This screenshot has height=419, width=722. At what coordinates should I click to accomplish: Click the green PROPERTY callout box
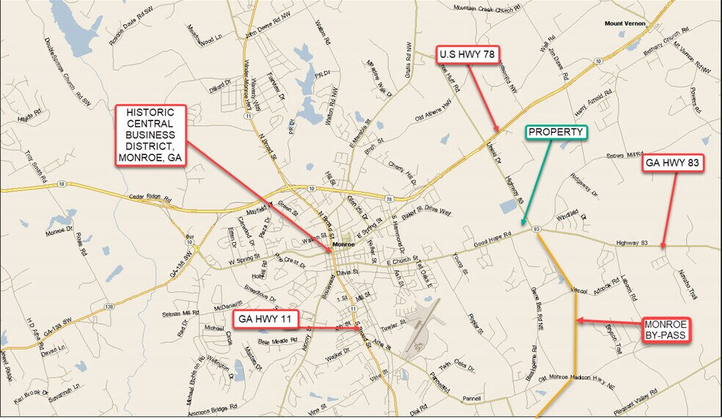tap(558, 132)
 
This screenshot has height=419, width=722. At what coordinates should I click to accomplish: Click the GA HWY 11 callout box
tap(266, 319)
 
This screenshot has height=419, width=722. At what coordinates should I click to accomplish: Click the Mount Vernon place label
tap(624, 23)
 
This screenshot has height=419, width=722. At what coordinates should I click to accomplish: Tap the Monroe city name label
tap(343, 244)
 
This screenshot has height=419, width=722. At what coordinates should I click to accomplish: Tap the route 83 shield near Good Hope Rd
tap(537, 230)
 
